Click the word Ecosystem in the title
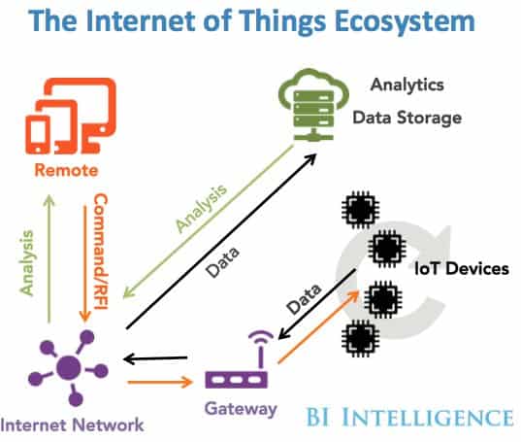pos(405,20)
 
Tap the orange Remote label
pos(66,170)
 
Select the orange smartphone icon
pos(38,135)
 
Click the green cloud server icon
pos(313,105)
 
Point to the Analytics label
pos(407,85)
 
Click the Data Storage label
pos(407,118)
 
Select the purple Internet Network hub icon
pos(68,368)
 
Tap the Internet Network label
pos(72,425)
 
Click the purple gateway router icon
pos(237,359)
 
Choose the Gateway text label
pos(241,409)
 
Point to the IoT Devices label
pos(462,268)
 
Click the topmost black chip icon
pos(361,210)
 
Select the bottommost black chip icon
pos(361,339)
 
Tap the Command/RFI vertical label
pos(101,252)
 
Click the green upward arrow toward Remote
pos(49,258)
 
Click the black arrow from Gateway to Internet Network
pos(155,358)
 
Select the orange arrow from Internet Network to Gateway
pos(160,382)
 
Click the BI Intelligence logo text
pos(409,417)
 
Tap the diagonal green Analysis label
pos(202,208)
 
